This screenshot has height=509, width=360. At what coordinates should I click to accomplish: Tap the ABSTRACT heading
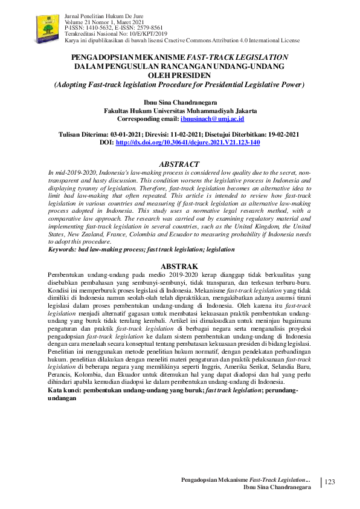tap(179, 164)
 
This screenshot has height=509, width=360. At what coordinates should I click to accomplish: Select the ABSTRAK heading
tap(179, 266)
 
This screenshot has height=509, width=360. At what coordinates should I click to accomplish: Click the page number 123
tap(330, 481)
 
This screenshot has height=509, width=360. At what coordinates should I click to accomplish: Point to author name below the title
tap(179, 102)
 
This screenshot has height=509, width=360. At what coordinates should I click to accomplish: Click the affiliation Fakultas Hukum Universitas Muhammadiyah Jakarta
tap(180, 111)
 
